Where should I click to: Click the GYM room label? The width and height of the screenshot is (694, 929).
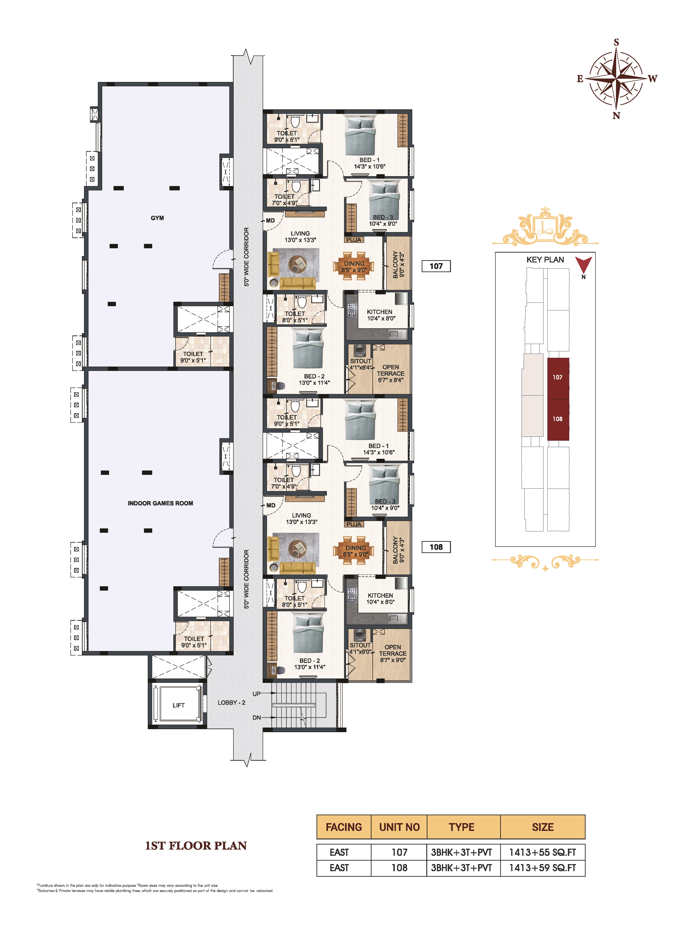(x=157, y=218)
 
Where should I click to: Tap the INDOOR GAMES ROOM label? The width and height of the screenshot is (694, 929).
(x=160, y=503)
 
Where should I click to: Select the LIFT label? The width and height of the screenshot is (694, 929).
(x=178, y=705)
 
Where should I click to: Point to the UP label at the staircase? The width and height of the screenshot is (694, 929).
(x=256, y=694)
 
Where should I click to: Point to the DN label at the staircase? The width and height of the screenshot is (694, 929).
(x=256, y=718)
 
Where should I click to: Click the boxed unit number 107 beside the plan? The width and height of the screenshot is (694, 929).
(x=436, y=266)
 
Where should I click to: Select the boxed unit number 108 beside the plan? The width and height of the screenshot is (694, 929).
(x=436, y=547)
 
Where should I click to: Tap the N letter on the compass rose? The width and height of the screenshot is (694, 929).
(x=616, y=116)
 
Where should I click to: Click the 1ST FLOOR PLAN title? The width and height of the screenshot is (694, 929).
(x=196, y=845)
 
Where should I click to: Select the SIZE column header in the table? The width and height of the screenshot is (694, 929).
(x=543, y=827)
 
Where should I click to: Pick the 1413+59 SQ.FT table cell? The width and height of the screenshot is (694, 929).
(x=543, y=868)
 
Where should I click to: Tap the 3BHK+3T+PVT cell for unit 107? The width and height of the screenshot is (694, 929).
(x=462, y=852)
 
